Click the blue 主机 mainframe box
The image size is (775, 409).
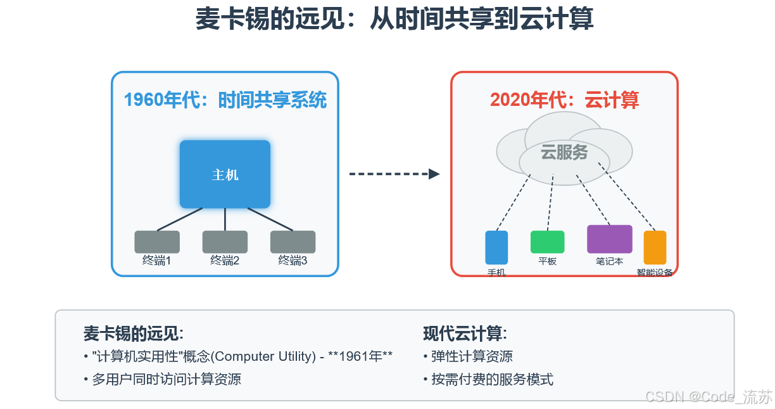pos(225,174)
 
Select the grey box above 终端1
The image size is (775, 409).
pos(157,242)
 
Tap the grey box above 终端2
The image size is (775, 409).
pos(225,242)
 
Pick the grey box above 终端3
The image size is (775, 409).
pos(293,242)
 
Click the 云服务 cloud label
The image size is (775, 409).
pos(564,153)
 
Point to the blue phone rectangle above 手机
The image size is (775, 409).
pos(496,247)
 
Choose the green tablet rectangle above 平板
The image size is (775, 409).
pos(547,242)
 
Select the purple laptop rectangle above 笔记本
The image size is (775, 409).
pos(609,239)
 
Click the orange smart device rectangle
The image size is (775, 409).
pos(655,247)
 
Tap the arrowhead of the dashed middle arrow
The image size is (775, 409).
pos(434,174)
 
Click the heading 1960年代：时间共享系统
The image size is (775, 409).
pos(225,100)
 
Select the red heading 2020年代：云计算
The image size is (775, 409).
pos(564,100)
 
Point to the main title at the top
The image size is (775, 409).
pos(394,19)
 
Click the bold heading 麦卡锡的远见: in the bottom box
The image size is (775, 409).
pos(133,334)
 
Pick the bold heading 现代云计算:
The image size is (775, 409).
pos(465,334)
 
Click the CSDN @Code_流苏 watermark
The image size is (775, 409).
pos(709,397)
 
